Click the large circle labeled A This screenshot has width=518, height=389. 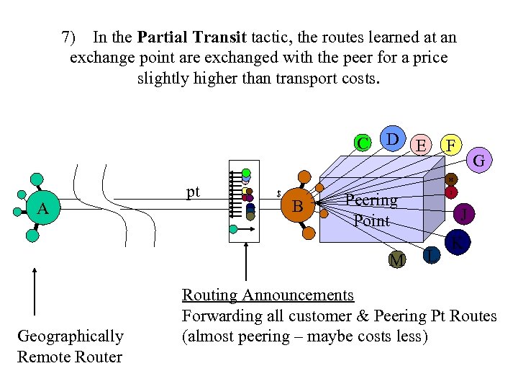click(43, 208)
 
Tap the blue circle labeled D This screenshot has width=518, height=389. click(392, 138)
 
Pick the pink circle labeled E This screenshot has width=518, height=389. click(422, 145)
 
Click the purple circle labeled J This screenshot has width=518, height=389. click(465, 214)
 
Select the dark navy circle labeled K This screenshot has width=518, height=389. click(456, 244)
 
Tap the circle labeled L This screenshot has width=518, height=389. click(430, 254)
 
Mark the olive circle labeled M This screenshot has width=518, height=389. click(396, 259)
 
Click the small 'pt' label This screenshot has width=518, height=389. click(193, 192)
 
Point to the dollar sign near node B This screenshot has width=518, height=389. click(278, 194)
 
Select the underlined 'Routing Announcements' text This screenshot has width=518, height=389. click(268, 295)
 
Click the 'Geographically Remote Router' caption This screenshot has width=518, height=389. click(70, 346)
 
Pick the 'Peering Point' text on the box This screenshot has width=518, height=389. click(371, 210)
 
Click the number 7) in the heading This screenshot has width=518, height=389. click(69, 37)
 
